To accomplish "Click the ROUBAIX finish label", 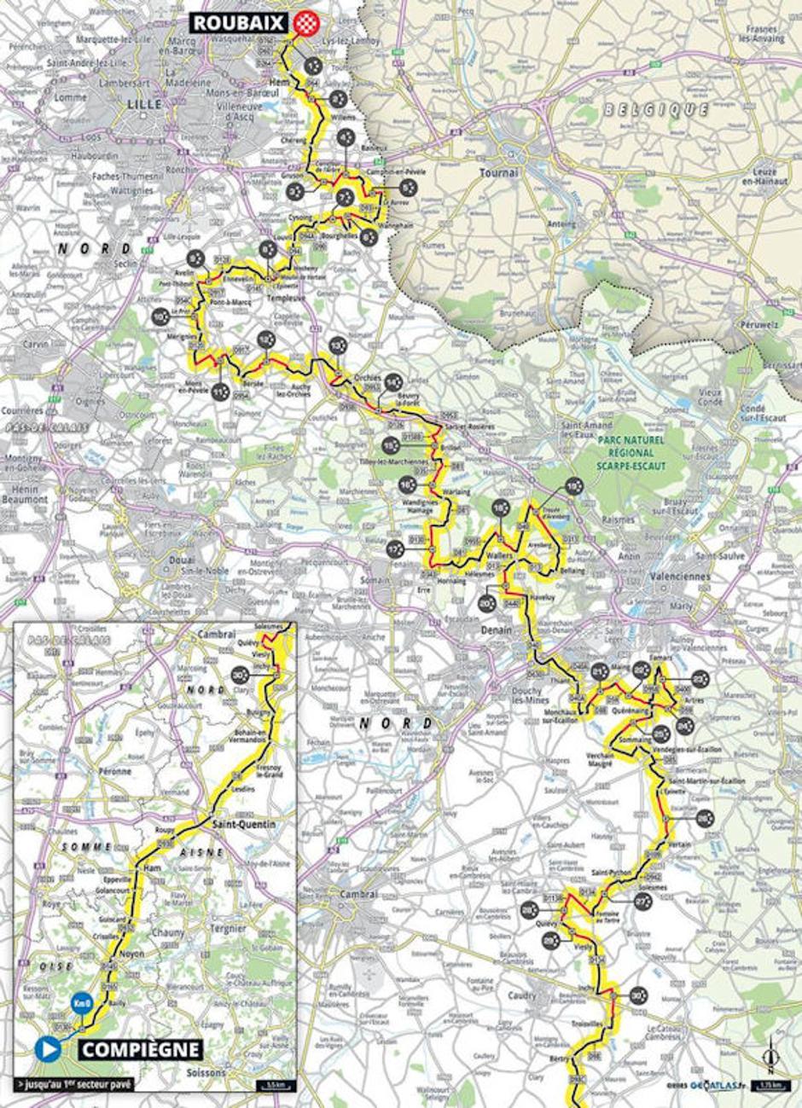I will click(239, 23).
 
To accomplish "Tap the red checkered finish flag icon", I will click(305, 23).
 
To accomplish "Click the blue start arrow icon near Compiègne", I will click(49, 1049).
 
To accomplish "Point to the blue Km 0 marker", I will click(82, 1002).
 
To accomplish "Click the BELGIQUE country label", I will click(655, 110).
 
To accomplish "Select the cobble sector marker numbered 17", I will click(394, 548).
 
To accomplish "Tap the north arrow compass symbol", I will click(771, 1056).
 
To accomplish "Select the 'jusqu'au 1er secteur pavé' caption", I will click(74, 1085).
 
